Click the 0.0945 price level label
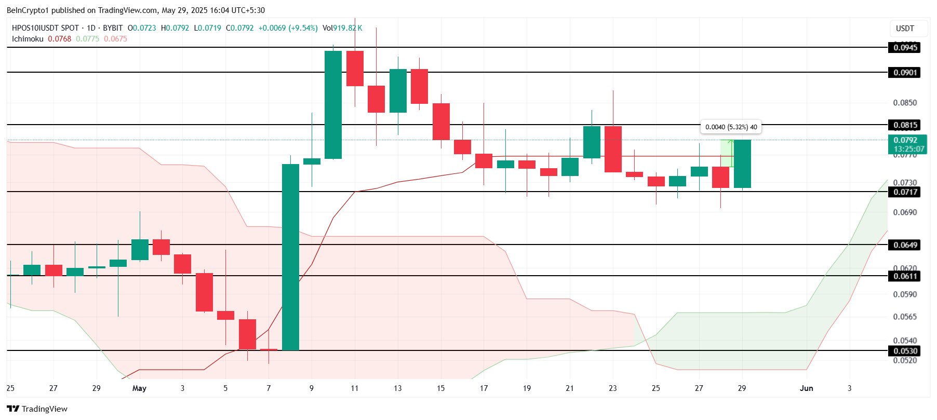(905, 48)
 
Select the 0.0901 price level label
(905, 73)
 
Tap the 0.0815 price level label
(905, 125)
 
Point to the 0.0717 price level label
(905, 192)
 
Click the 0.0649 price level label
(905, 245)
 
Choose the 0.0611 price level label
(905, 276)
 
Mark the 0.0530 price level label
(905, 351)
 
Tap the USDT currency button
(905, 29)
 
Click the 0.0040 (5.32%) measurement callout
(731, 127)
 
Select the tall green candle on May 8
(290, 257)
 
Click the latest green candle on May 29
(742, 164)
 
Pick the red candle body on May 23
(613, 149)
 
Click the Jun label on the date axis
(806, 388)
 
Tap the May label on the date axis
(139, 388)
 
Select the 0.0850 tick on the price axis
(905, 103)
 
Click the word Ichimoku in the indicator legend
(28, 39)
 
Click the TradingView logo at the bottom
(37, 409)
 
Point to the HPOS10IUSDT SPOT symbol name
(45, 28)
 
